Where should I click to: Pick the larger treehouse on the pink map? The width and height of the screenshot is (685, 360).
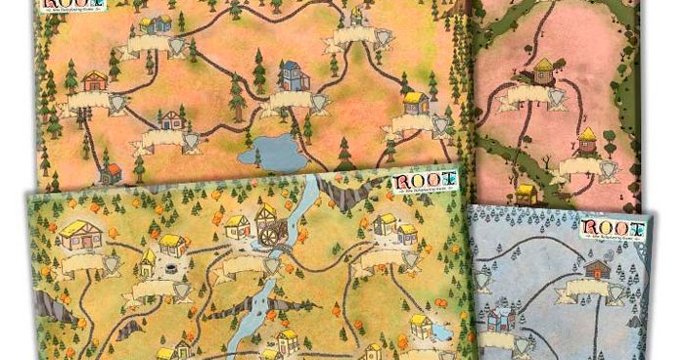(543, 70)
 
